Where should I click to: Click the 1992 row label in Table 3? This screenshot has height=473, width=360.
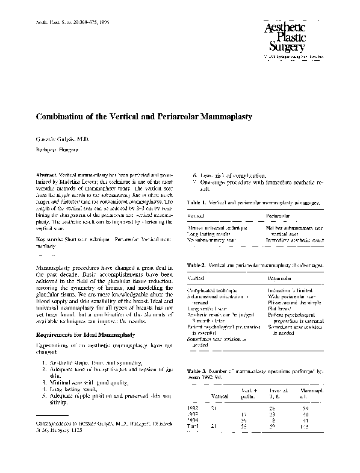coord(194,409)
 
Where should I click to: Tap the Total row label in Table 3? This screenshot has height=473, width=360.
coord(194,427)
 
